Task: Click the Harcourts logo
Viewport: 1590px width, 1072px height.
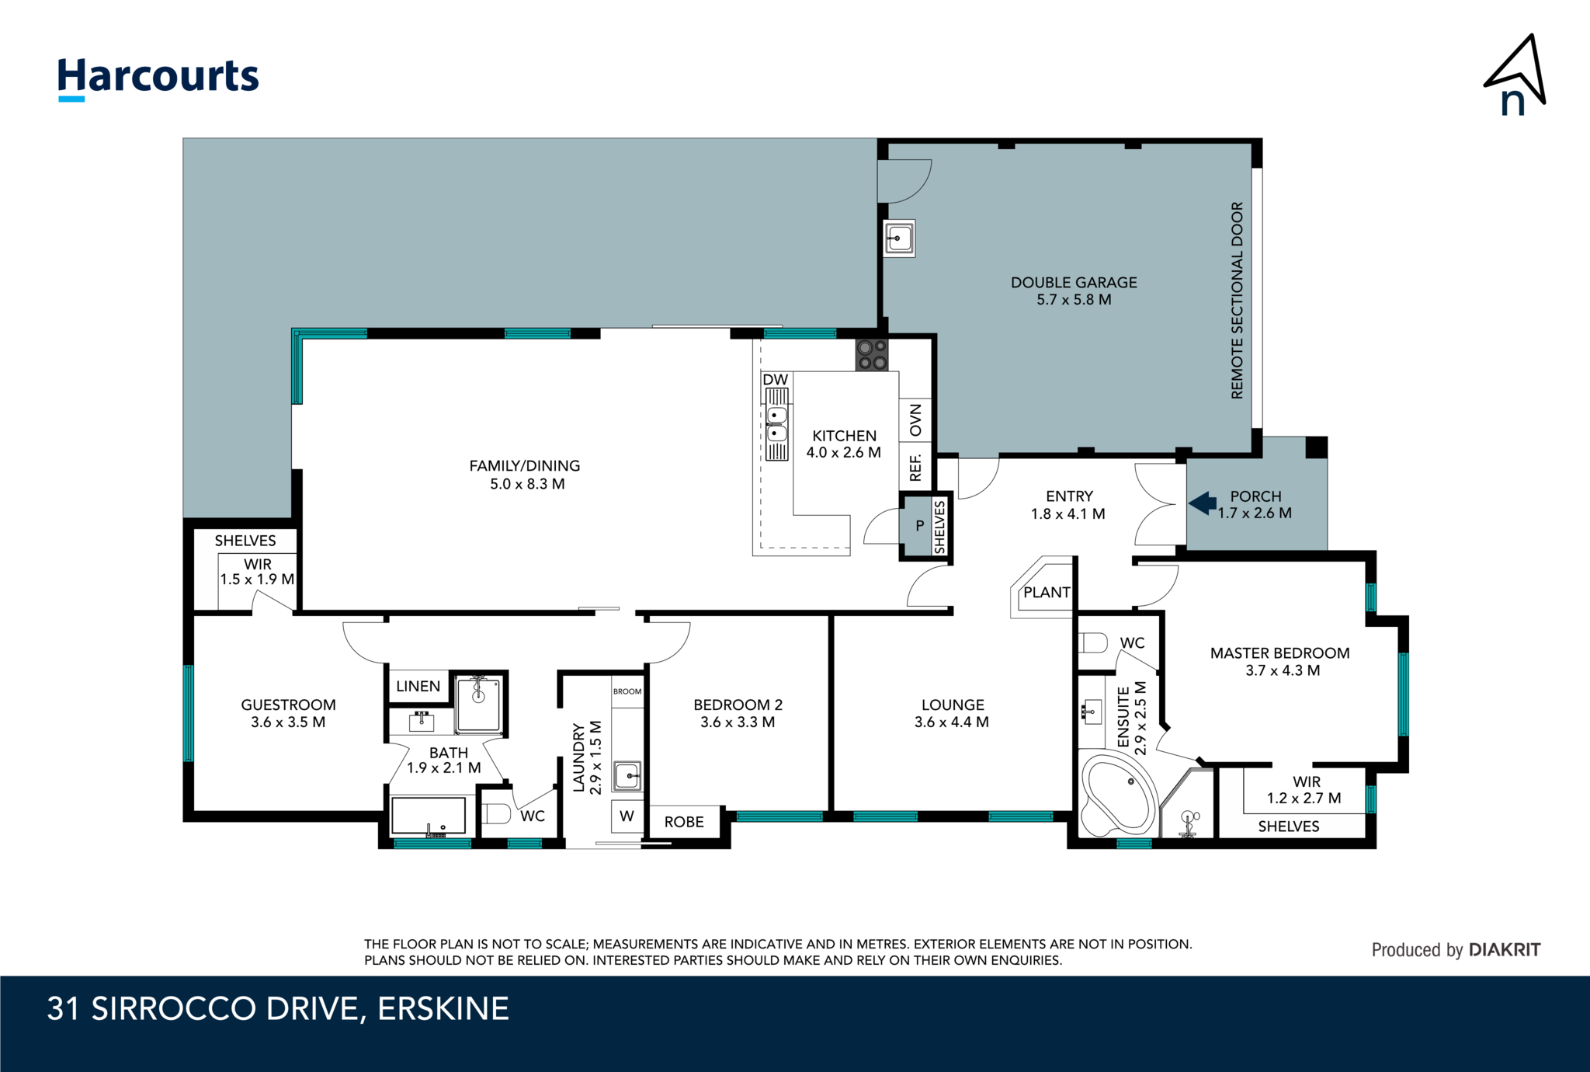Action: (x=158, y=78)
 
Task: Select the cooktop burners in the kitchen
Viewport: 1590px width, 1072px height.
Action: (x=872, y=355)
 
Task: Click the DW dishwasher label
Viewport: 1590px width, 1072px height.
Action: (x=775, y=380)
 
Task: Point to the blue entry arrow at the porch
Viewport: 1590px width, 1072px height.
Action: (x=1203, y=503)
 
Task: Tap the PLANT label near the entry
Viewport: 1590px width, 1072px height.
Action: (x=1047, y=593)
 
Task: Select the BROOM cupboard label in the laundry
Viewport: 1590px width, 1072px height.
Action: (x=627, y=691)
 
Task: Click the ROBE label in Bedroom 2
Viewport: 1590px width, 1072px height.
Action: (x=684, y=822)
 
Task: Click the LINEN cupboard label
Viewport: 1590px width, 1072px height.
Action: (x=418, y=686)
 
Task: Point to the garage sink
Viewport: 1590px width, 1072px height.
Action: (x=899, y=238)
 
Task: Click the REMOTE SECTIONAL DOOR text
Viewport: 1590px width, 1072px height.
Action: (x=1237, y=301)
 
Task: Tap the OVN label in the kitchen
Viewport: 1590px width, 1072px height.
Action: (x=915, y=420)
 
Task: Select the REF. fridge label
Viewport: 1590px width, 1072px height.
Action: (x=915, y=468)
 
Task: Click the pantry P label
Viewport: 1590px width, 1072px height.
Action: (x=919, y=526)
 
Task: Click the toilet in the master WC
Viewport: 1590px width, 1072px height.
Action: (x=1095, y=642)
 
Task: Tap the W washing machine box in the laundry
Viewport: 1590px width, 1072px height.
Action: (x=627, y=816)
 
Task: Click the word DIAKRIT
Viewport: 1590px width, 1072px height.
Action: (x=1505, y=949)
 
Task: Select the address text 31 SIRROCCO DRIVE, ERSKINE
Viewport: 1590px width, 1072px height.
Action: (x=278, y=1008)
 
